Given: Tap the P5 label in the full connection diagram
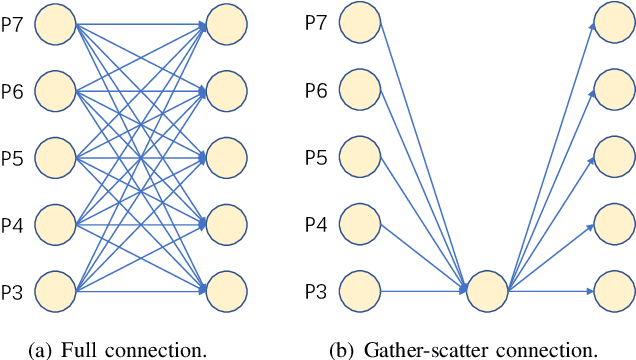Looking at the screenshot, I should pyautogui.click(x=13, y=156).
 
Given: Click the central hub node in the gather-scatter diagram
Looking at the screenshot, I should pyautogui.click(x=487, y=291).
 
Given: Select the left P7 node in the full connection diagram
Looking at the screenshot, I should pyautogui.click(x=56, y=27).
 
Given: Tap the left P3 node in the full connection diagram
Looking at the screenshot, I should pyautogui.click(x=56, y=291).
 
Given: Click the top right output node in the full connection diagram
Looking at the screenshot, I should pyautogui.click(x=228, y=27).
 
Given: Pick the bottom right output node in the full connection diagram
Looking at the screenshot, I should pyautogui.click(x=228, y=291).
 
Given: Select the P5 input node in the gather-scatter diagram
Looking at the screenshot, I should pyautogui.click(x=360, y=156).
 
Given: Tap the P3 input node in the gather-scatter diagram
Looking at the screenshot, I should pyautogui.click(x=360, y=291).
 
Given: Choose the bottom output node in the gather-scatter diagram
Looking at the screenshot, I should pyautogui.click(x=614, y=291).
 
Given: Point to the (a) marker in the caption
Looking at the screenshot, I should pyautogui.click(x=44, y=349).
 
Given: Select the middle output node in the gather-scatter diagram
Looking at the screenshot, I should pyautogui.click(x=614, y=156).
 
